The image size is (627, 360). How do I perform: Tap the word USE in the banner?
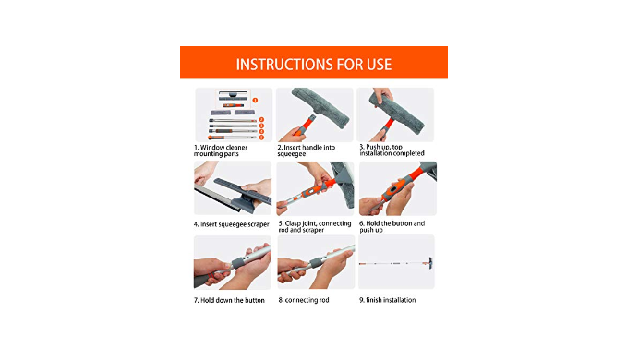[379, 65]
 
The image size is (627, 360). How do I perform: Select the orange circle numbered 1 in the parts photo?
[255, 101]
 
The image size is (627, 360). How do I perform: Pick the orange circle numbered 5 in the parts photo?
[261, 138]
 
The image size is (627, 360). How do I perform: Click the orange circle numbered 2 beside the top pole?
[261, 119]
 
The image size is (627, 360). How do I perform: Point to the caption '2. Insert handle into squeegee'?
[307, 150]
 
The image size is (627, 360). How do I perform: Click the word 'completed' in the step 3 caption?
[408, 153]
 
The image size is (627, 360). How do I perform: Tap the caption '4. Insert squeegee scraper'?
[232, 224]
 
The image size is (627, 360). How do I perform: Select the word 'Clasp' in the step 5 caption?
[294, 223]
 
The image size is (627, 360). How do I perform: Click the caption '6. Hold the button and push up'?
[392, 226]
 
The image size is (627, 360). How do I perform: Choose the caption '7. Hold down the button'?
[229, 300]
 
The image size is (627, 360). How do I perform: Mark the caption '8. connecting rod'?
[304, 300]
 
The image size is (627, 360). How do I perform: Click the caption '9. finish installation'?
[387, 300]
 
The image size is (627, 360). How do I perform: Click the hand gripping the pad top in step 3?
[382, 96]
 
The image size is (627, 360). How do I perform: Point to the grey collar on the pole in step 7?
[239, 263]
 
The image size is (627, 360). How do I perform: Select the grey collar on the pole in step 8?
[314, 263]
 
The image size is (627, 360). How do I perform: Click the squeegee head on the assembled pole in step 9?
[430, 262]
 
